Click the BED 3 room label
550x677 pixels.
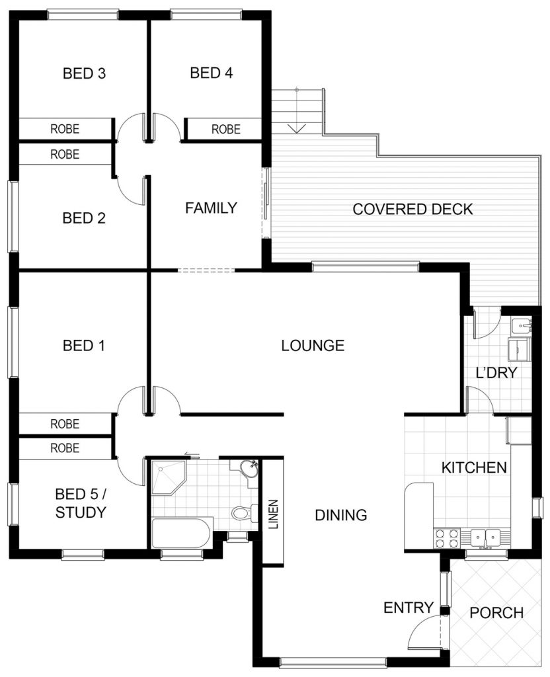pos(84,73)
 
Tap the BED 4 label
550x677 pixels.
pos(212,73)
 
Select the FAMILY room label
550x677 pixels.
pos(211,208)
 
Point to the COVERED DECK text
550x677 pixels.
pos(412,209)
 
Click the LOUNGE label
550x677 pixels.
pos(313,345)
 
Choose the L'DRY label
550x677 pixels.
pos(496,372)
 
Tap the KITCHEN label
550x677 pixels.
pos(474,467)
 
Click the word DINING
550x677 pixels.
pos(341,514)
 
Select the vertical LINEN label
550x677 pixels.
pos(273,514)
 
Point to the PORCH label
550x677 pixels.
pos(496,613)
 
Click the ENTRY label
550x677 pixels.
pos(409,608)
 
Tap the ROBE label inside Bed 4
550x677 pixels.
pos(226,129)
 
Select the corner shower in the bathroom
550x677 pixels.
pos(169,477)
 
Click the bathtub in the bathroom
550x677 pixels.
pos(181,533)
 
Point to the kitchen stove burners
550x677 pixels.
pos(447,538)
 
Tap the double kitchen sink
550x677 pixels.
pos(485,538)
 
